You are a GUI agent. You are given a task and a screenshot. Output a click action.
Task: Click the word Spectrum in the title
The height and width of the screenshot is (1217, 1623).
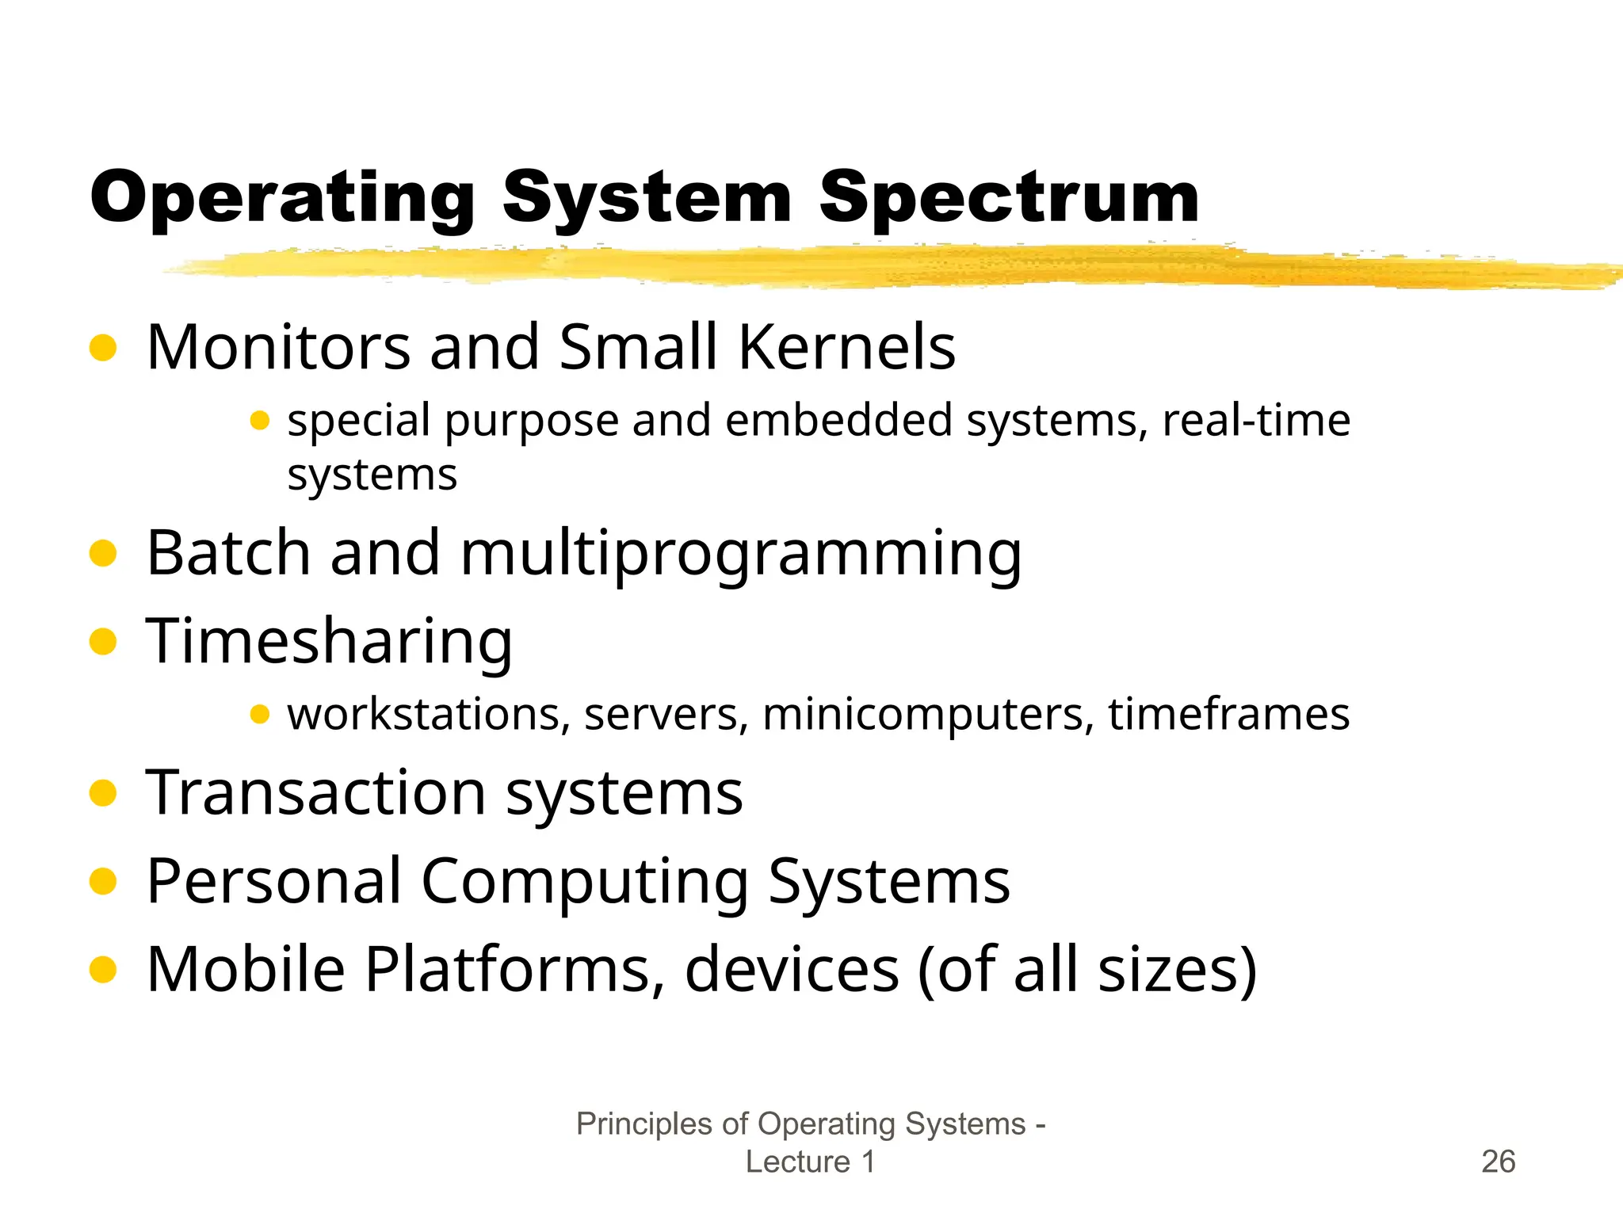1008,198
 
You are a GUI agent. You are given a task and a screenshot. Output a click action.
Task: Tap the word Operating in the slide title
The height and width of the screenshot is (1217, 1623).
283,198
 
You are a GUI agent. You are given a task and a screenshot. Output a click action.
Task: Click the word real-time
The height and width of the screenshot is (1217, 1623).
1256,420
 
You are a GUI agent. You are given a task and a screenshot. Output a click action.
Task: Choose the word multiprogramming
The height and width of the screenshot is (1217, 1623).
741,553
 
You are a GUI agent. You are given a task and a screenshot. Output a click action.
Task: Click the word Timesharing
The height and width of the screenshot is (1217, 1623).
330,642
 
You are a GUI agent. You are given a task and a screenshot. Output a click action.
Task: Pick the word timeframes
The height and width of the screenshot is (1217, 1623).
1228,714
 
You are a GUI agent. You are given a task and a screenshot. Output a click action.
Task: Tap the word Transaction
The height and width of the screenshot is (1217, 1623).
315,792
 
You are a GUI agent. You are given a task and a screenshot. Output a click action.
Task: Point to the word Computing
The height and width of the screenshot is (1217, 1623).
585,881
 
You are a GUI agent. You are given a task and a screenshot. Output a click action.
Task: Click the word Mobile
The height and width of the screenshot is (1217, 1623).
246,969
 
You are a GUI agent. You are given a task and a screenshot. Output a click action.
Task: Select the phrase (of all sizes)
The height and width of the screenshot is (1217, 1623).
1086,969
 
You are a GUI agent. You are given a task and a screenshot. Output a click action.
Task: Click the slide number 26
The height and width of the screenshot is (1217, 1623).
1498,1162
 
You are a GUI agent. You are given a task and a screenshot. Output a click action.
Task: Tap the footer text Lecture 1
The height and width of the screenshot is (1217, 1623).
810,1162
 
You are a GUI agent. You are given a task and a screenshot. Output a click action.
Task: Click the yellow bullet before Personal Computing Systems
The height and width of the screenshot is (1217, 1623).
103,881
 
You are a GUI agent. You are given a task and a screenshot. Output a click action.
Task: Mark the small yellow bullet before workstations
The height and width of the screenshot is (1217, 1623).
260,715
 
